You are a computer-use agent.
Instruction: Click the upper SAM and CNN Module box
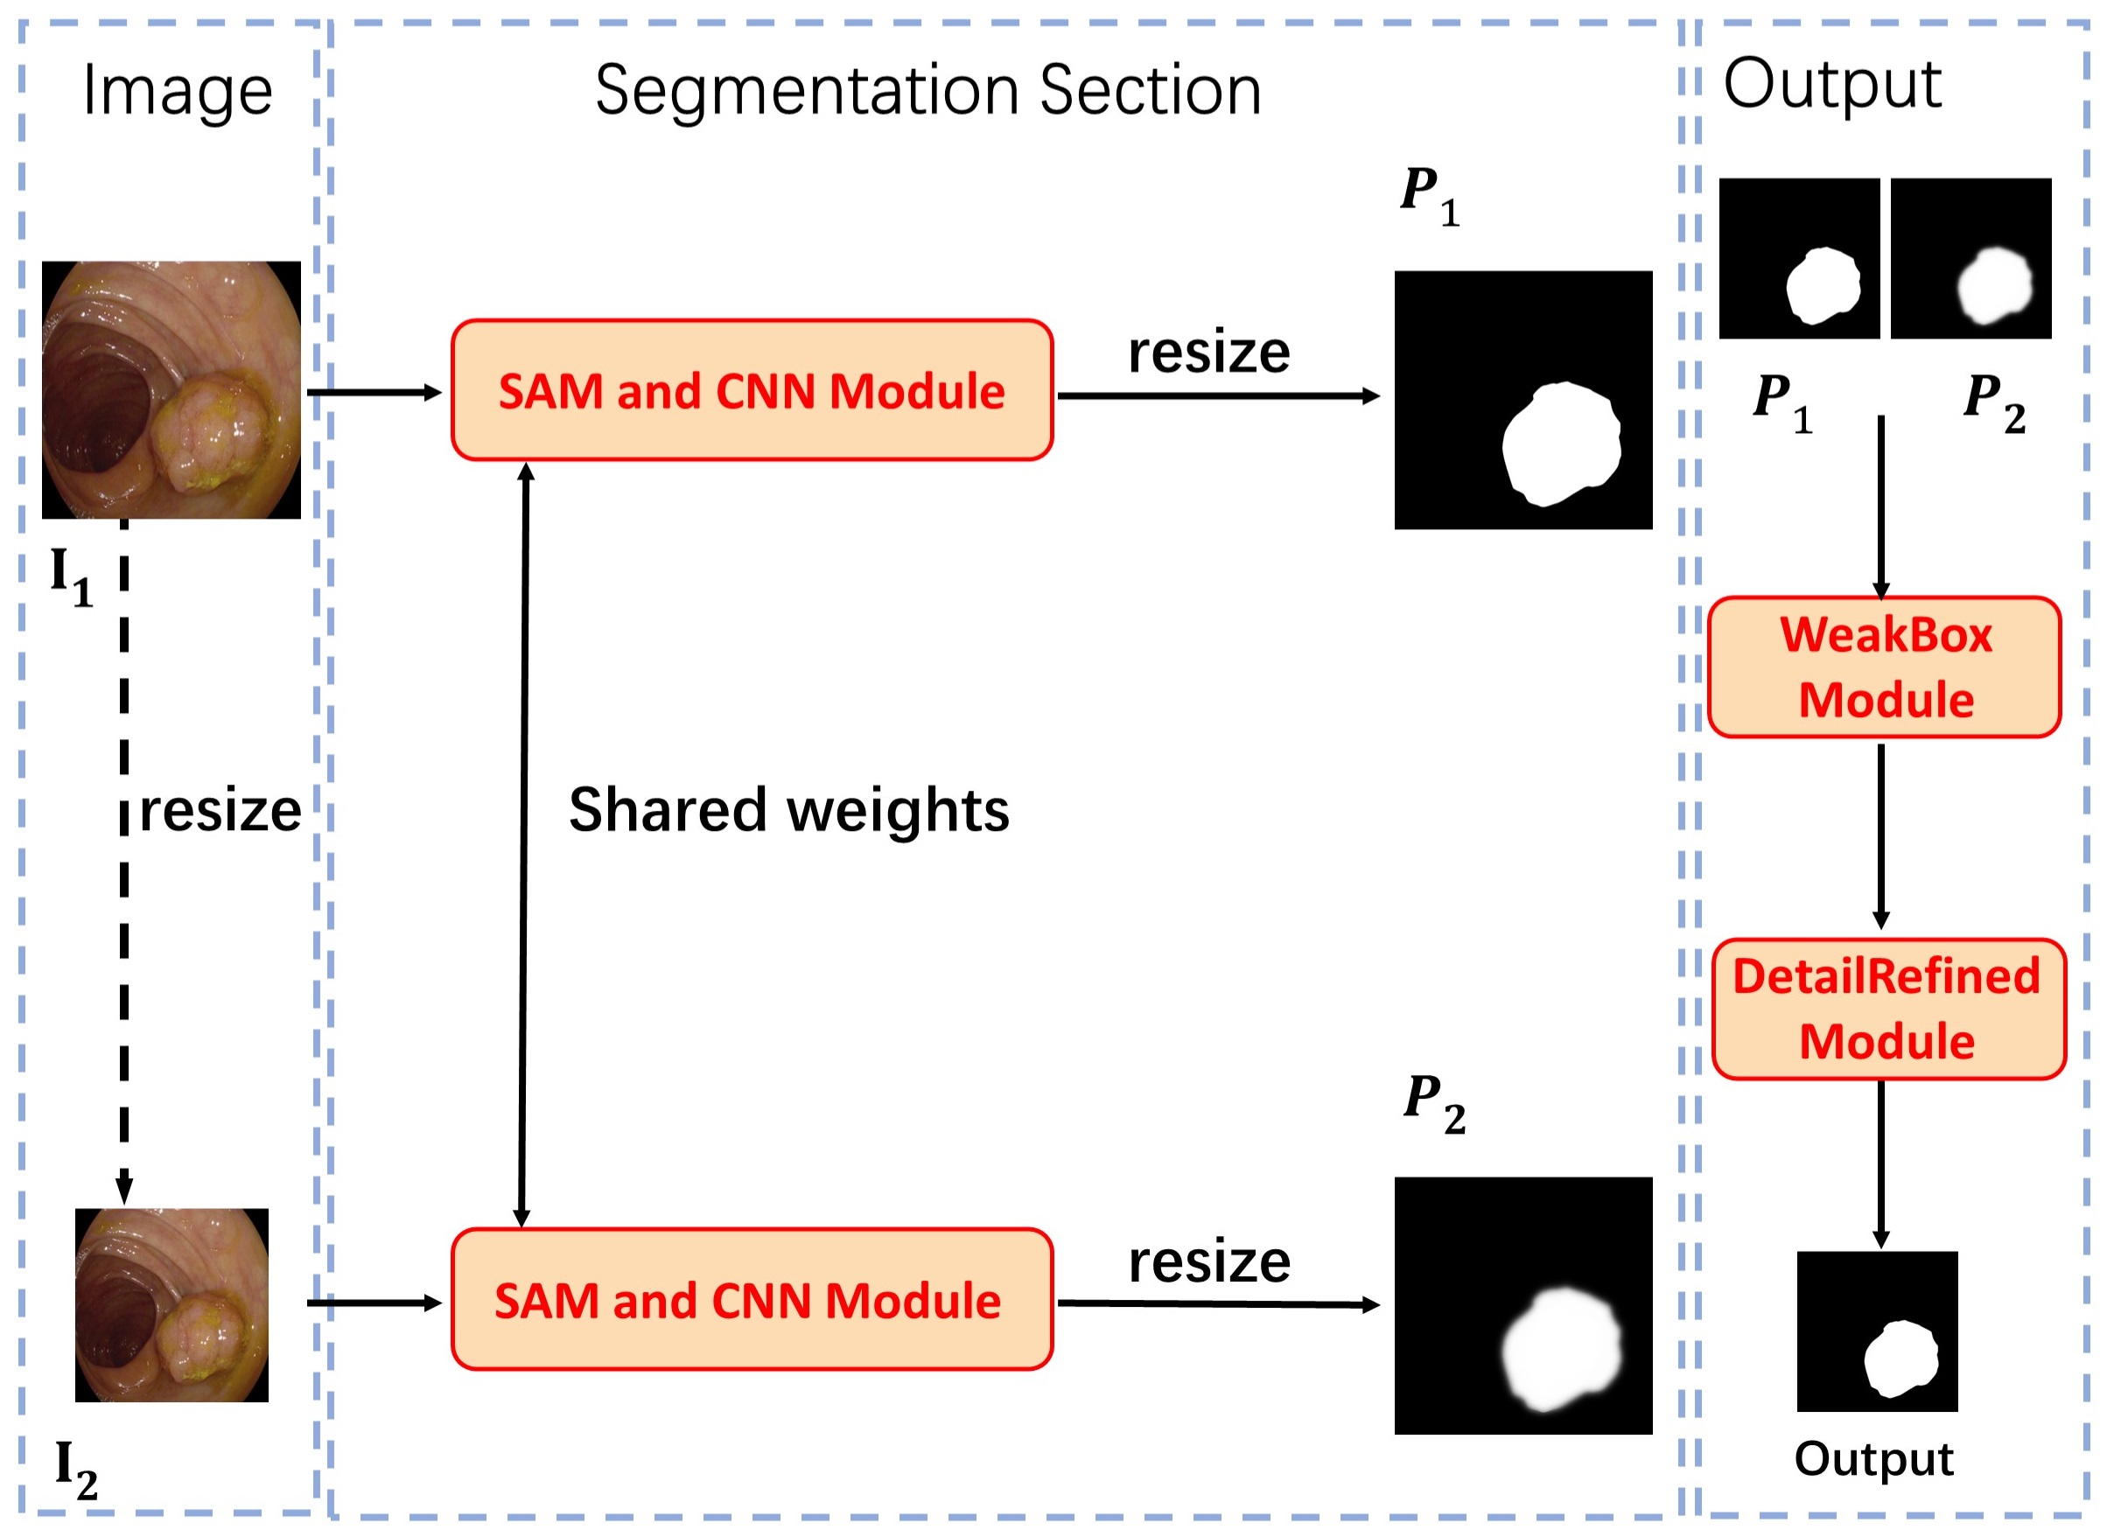coord(752,390)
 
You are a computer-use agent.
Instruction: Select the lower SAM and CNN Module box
coord(752,1300)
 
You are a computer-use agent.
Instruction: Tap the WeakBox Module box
coord(1884,667)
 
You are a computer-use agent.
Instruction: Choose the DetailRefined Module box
coord(1887,1010)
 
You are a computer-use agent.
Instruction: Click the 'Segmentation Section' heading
coord(927,91)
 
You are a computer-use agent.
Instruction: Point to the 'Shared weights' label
coord(788,810)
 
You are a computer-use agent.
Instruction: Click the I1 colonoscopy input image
coord(171,390)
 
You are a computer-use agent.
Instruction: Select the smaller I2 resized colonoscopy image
coord(172,1304)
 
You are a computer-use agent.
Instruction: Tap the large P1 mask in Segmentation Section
coord(1522,400)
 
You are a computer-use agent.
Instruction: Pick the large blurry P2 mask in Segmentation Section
coord(1522,1305)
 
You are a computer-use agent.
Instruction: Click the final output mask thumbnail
coord(1877,1331)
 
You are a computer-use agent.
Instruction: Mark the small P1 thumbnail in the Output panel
coord(1798,259)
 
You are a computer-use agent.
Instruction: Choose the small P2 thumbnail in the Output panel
coord(1970,259)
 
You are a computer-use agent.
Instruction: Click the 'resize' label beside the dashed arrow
coord(220,811)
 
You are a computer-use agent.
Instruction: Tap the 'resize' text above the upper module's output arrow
coord(1209,353)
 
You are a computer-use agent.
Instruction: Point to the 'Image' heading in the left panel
coord(177,91)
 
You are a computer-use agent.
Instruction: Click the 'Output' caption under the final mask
coord(1873,1459)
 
